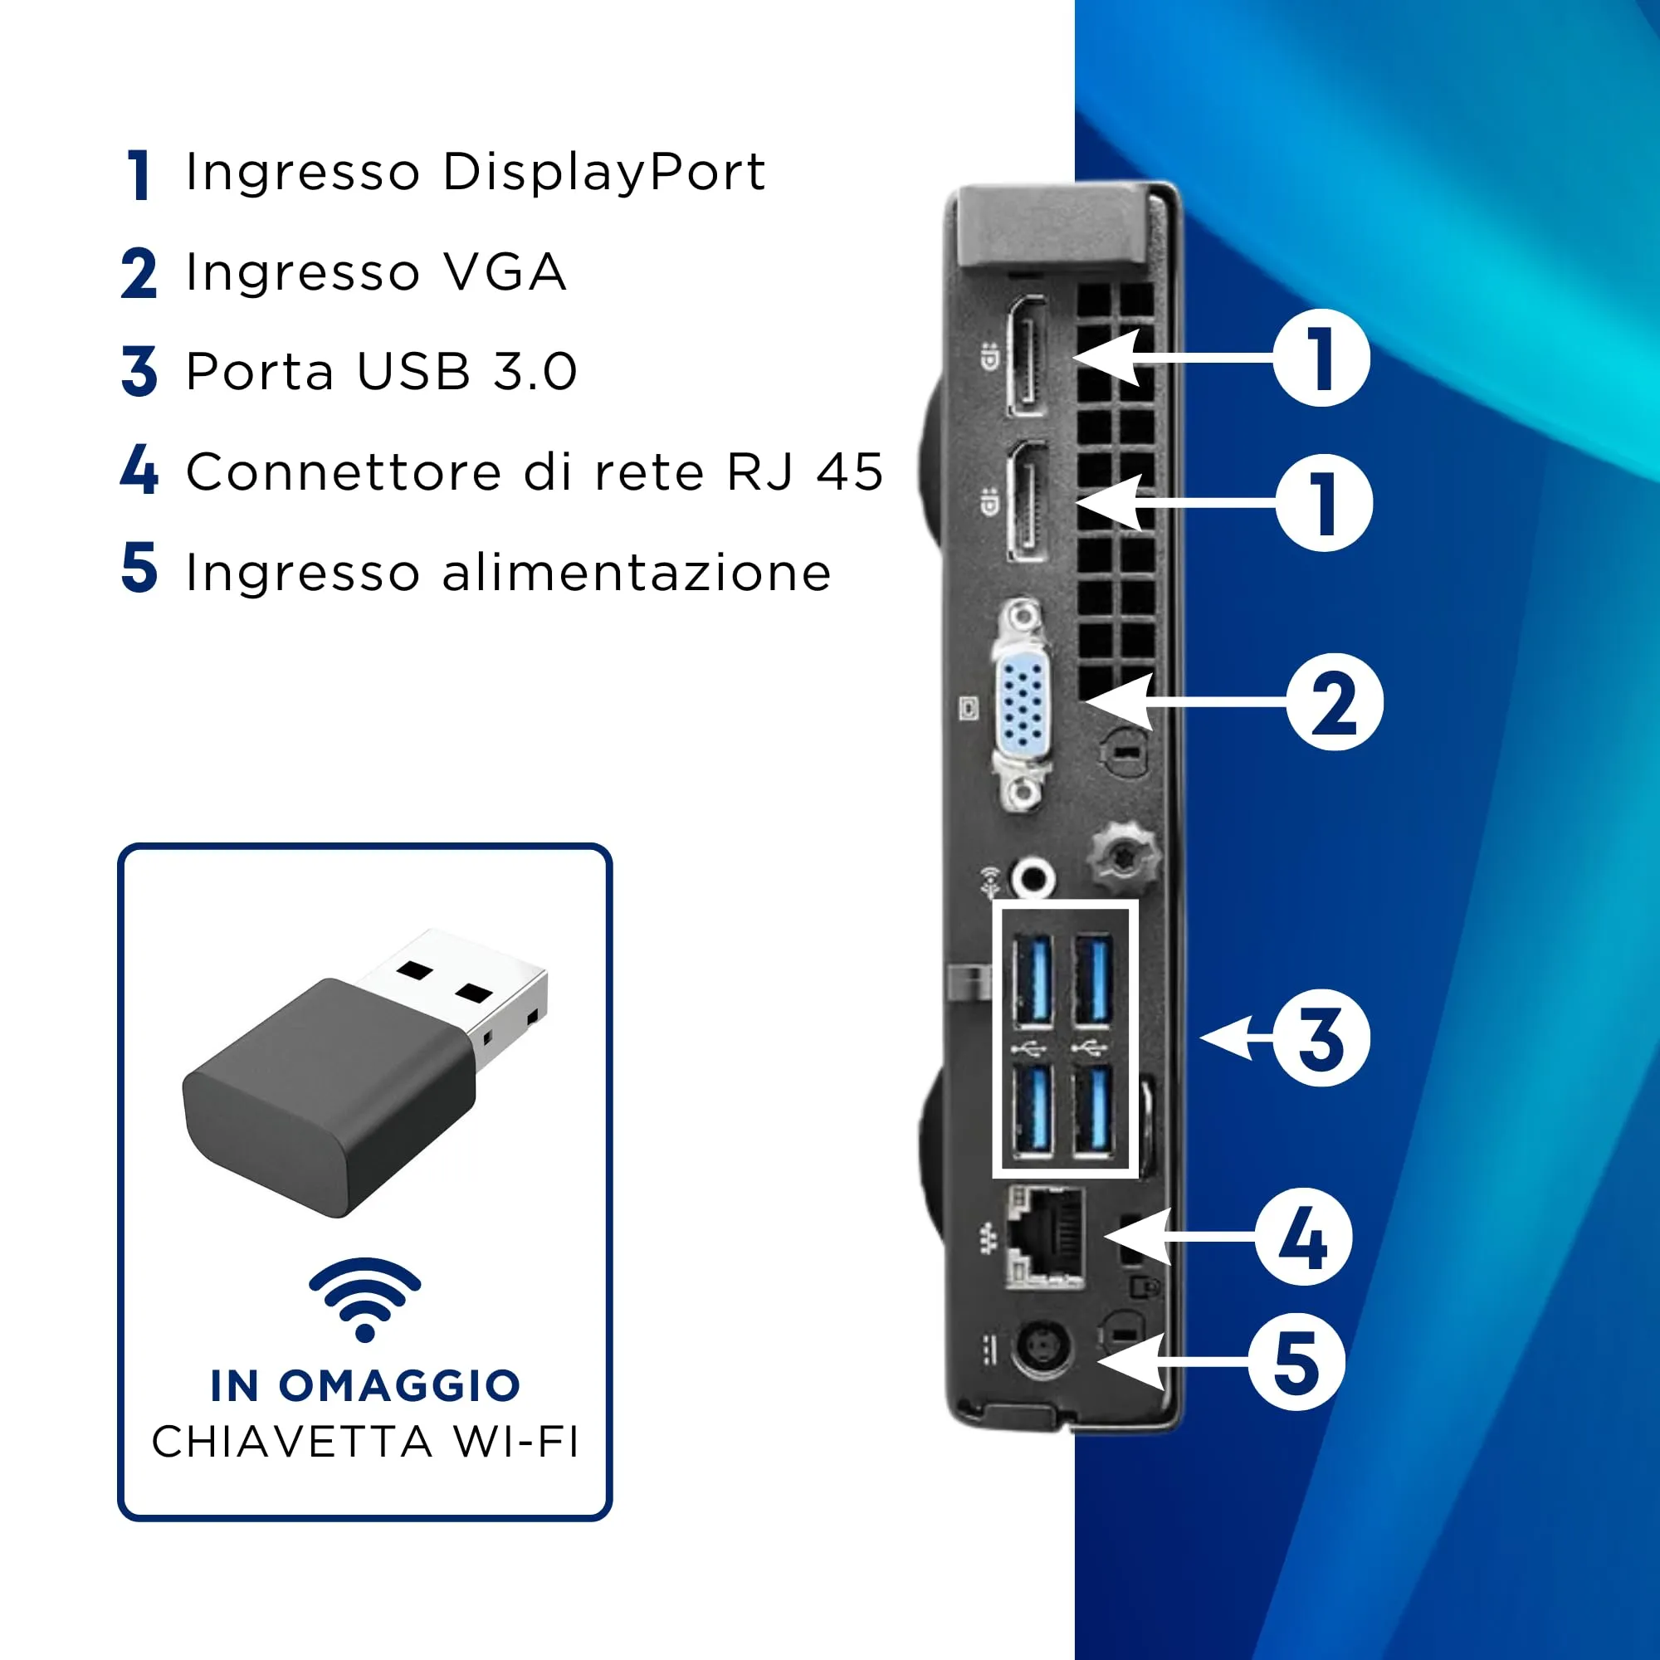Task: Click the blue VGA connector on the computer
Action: [1023, 705]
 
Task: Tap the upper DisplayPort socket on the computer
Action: [1028, 356]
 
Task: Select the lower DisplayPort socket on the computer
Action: [1028, 502]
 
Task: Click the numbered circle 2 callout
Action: [1335, 702]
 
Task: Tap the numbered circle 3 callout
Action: [1321, 1038]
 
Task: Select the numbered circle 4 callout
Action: [1303, 1238]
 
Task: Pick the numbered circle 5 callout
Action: [1296, 1362]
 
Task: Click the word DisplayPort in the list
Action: [603, 173]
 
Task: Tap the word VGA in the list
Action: [505, 272]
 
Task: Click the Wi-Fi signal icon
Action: [365, 1297]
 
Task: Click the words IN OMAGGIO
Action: [365, 1386]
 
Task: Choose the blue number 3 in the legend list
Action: [139, 371]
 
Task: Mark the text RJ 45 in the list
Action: [805, 471]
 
